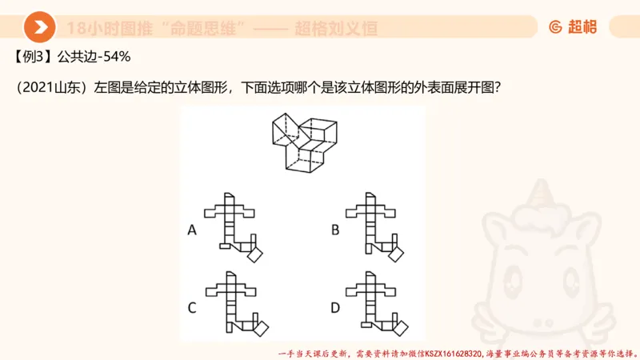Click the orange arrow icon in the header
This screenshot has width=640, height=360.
39,27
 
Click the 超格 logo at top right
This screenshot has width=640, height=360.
573,27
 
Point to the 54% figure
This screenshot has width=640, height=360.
116,58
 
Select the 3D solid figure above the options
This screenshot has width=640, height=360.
306,141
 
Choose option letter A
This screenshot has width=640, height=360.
192,230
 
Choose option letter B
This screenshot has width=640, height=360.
334,230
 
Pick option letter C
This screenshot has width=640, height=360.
192,306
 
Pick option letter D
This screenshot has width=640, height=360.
334,306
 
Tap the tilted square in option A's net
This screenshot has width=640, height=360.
256,254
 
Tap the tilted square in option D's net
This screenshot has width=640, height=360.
399,328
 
